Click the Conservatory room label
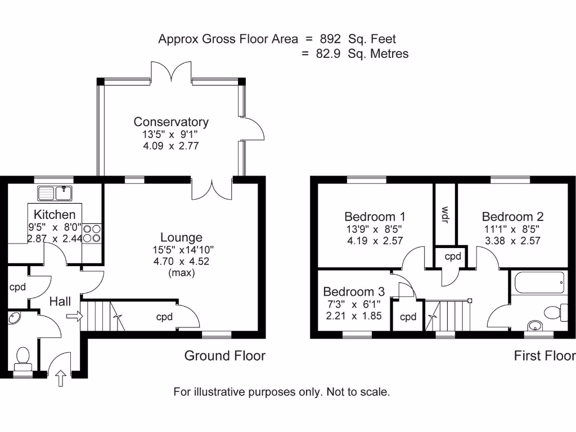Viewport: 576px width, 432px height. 171,121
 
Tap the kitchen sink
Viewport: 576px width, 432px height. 55,193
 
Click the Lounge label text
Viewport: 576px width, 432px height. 181,237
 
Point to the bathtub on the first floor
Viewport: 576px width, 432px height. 538,282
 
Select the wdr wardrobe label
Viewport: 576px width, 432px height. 445,214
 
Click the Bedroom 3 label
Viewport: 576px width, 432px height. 354,291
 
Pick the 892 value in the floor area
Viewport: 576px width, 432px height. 330,39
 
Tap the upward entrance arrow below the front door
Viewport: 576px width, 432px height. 61,379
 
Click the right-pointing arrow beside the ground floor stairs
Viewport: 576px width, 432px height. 74,317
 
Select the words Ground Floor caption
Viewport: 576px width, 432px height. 225,355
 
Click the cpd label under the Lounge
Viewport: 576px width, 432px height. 164,317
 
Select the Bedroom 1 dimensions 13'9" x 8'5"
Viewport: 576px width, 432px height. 375,229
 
